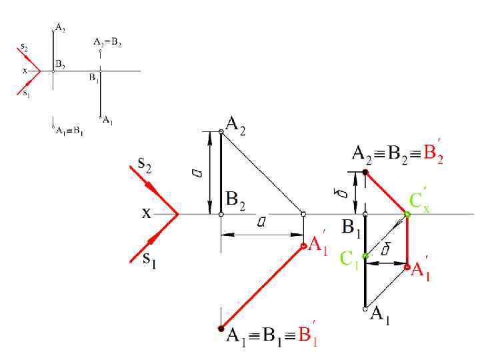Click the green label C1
pyautogui.click(x=349, y=259)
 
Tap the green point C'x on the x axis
pyautogui.click(x=407, y=214)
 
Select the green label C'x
pyautogui.click(x=419, y=200)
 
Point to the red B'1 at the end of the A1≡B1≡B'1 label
pyautogui.click(x=307, y=336)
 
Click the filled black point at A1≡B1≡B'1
pyautogui.click(x=221, y=328)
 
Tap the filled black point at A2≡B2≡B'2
pyautogui.click(x=365, y=173)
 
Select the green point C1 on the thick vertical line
pyautogui.click(x=365, y=256)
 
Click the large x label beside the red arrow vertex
pyautogui.click(x=146, y=213)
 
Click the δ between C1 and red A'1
pyautogui.click(x=385, y=250)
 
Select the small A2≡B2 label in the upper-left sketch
pyautogui.click(x=107, y=41)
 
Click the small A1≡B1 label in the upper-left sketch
pyautogui.click(x=69, y=130)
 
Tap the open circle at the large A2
pyautogui.click(x=221, y=133)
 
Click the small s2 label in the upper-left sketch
pyautogui.click(x=24, y=47)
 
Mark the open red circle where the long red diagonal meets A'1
pyautogui.click(x=303, y=246)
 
